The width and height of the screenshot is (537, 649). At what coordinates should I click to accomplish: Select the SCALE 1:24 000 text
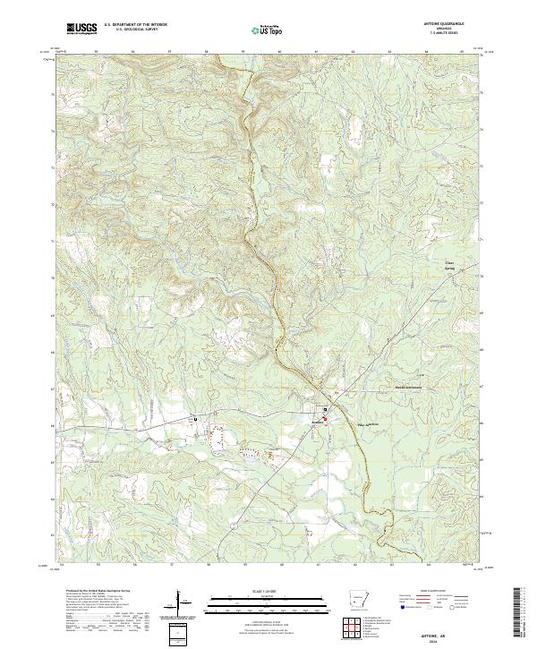[x=267, y=590]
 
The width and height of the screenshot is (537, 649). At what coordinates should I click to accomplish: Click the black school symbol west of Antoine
[x=195, y=419]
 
